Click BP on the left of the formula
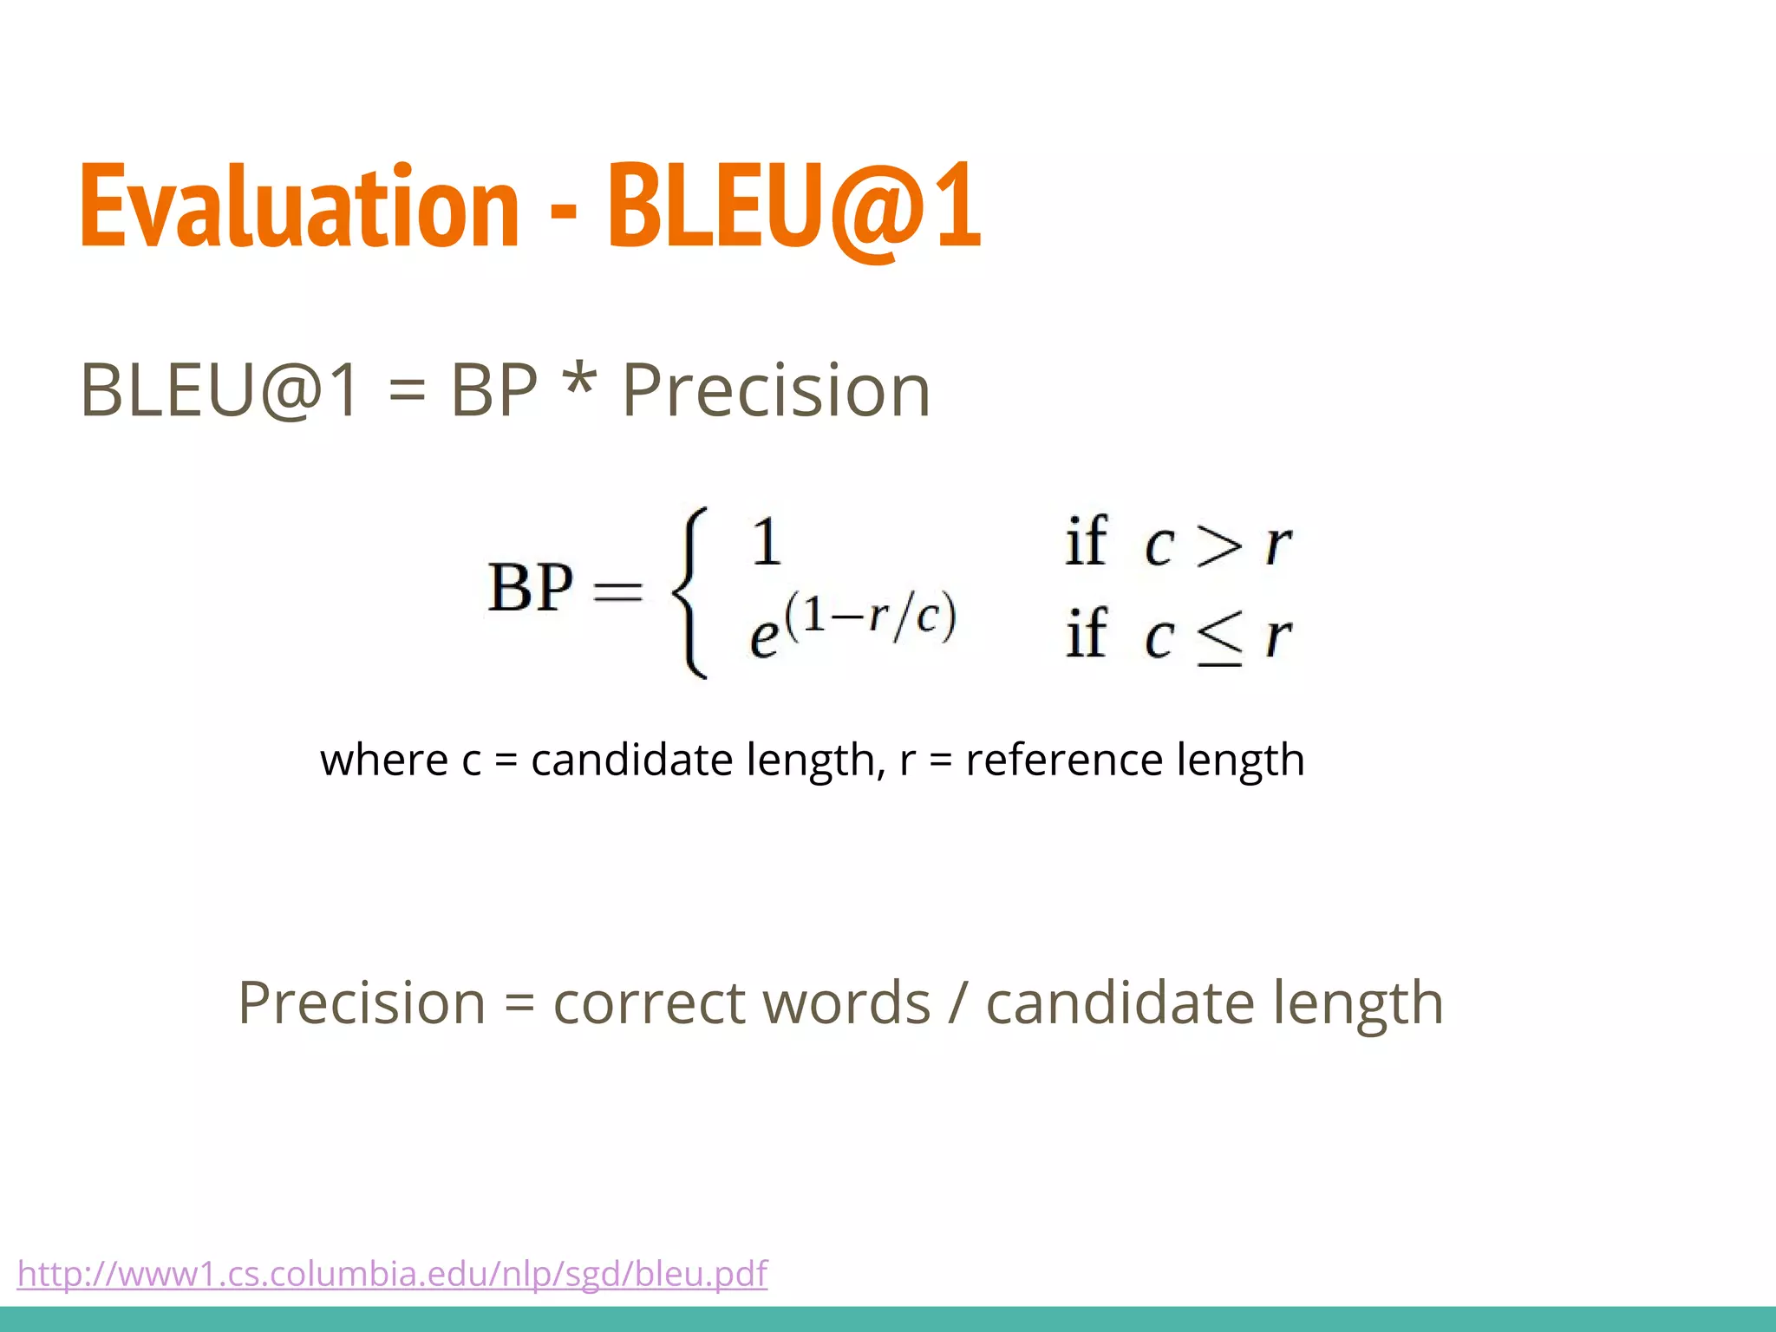click(530, 588)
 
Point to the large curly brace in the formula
click(690, 591)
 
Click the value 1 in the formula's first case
click(766, 542)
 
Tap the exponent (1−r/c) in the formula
click(870, 616)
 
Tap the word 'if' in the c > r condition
click(1086, 542)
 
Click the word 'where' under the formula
click(383, 760)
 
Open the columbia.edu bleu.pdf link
click(392, 1274)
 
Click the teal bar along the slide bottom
click(888, 1319)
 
